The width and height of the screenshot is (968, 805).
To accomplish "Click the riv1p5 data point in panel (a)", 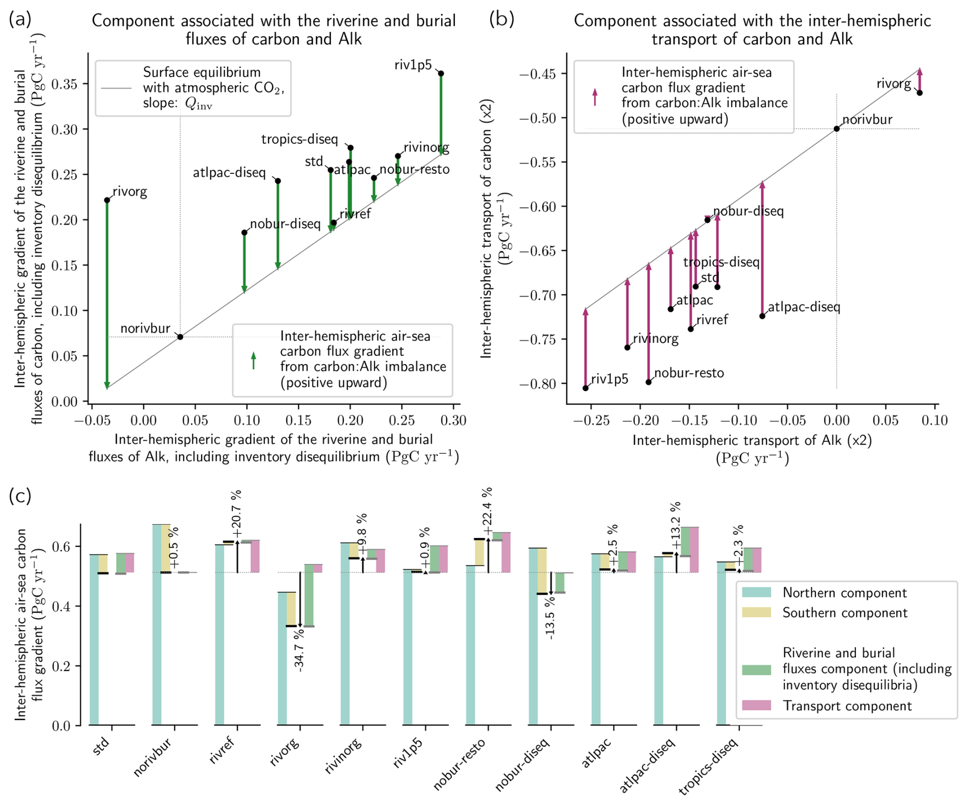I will click(441, 74).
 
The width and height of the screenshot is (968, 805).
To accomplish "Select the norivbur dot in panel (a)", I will click(180, 337).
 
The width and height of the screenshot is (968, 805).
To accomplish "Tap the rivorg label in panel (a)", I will click(130, 192).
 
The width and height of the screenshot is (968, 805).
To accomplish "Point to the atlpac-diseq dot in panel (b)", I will click(762, 316).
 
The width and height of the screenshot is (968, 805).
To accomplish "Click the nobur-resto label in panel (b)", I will click(689, 373).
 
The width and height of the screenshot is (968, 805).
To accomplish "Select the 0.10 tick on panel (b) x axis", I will click(935, 421).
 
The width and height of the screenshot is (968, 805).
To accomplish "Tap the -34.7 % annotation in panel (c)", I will click(299, 650).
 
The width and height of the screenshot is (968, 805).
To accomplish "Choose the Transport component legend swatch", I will click(756, 706).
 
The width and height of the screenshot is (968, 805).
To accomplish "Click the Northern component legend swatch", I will click(756, 593).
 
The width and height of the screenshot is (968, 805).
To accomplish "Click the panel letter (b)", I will click(501, 19).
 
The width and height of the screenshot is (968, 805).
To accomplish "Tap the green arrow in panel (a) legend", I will click(253, 361).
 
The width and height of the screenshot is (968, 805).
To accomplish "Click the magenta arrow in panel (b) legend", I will click(595, 97).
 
